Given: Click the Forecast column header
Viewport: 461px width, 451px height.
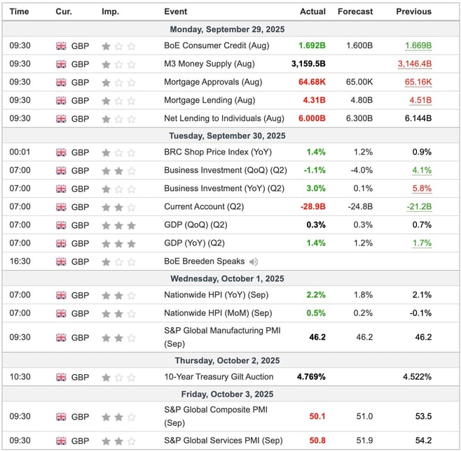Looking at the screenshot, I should click(x=355, y=11).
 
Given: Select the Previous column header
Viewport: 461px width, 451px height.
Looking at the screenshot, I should click(x=414, y=11).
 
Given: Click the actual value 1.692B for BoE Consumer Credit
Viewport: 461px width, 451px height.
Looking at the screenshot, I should click(x=311, y=46).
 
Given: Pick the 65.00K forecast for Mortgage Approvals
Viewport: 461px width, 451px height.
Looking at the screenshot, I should click(x=359, y=83).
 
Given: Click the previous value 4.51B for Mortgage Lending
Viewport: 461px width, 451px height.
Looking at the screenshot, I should click(x=420, y=101).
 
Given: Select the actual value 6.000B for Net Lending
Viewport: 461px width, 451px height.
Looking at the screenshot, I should click(x=311, y=119).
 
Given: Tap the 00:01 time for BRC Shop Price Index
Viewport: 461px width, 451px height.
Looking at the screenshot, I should click(x=19, y=152).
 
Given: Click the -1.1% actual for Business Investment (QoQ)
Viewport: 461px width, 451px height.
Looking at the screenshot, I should click(x=313, y=171).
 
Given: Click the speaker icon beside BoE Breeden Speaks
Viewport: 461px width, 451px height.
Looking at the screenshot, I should click(x=253, y=262).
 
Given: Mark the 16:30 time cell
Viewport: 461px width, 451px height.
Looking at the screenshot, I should click(x=19, y=262).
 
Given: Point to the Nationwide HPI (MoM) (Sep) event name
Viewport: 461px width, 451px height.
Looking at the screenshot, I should click(x=217, y=313).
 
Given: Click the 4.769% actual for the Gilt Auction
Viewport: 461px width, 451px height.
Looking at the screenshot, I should click(x=311, y=378).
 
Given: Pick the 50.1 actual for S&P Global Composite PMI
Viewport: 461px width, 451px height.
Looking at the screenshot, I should click(x=317, y=417).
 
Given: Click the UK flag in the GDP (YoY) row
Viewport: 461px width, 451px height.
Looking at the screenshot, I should click(x=61, y=243).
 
